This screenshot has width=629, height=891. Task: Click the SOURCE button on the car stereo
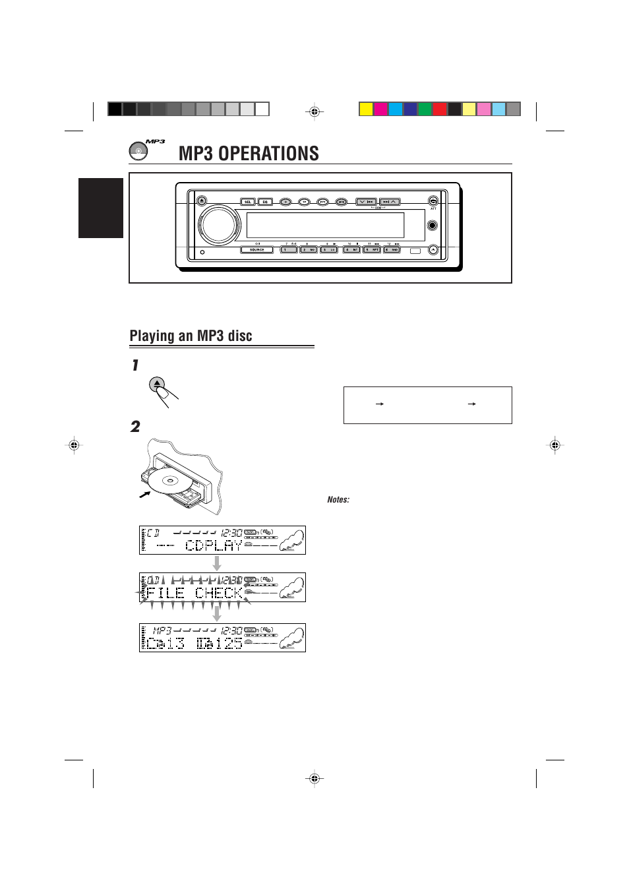click(256, 250)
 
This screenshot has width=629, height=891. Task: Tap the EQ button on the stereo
click(265, 202)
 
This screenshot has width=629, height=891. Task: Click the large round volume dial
click(220, 225)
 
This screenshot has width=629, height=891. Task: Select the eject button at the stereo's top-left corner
click(202, 200)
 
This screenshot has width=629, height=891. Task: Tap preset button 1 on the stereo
click(289, 250)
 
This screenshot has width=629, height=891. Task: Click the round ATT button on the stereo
click(433, 200)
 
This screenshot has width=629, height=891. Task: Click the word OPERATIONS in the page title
click(268, 154)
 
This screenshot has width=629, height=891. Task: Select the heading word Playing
click(152, 336)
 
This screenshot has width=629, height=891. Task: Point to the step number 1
click(135, 365)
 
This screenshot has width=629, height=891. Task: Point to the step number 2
click(135, 427)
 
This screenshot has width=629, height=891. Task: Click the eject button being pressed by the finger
click(157, 383)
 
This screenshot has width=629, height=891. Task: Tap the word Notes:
click(338, 500)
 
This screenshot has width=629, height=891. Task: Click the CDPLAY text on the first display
click(214, 545)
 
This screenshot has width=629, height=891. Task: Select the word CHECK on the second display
click(219, 593)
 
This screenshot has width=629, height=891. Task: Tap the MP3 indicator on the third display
click(162, 631)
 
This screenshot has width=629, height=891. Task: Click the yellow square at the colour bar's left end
click(366, 109)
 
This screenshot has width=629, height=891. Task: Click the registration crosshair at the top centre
click(314, 112)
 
